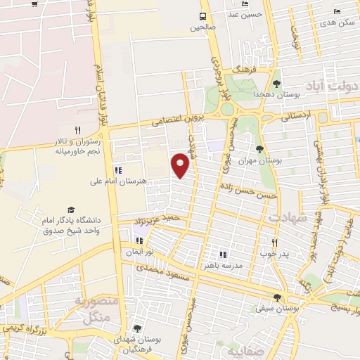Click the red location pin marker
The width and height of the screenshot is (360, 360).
(x=181, y=165)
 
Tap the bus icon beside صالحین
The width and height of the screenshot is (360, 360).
(x=203, y=16)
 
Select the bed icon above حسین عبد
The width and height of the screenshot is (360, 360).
(x=245, y=4)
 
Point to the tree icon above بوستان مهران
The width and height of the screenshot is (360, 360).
(x=260, y=149)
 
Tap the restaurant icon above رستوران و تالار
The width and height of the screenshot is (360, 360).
(x=77, y=130)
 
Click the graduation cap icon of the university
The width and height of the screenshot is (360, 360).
(x=70, y=210)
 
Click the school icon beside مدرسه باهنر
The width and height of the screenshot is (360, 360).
(x=223, y=255)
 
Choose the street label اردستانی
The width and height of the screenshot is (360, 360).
(x=295, y=116)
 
